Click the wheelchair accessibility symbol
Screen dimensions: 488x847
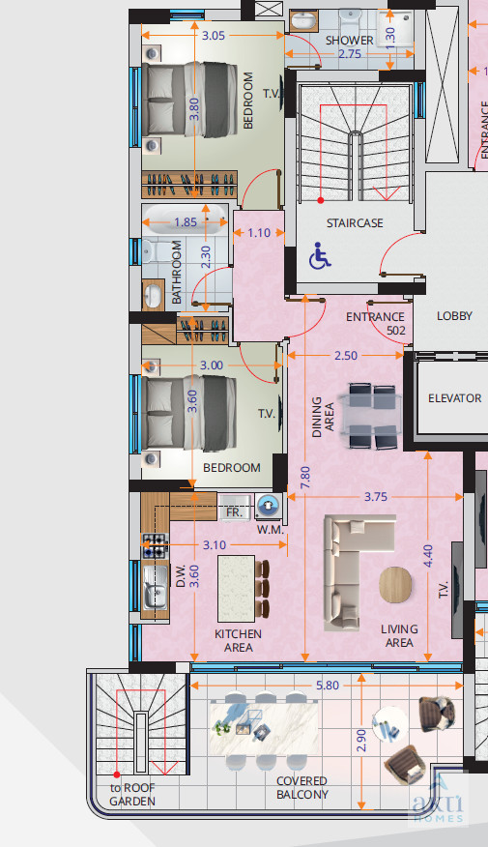pos(320,255)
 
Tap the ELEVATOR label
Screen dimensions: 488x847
pos(454,398)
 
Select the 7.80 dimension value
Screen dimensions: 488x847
pos(305,478)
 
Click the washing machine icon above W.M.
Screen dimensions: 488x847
pos(269,507)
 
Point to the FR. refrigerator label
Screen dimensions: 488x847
pos(234,511)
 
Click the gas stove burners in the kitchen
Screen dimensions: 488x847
pos(155,545)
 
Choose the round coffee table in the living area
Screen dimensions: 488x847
pos(395,585)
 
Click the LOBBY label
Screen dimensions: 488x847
pos(454,316)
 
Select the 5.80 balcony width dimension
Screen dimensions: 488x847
pos(328,686)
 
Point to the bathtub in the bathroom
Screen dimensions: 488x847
pos(185,220)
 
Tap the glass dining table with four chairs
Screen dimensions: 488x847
pos(371,416)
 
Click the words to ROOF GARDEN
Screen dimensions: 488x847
pos(132,795)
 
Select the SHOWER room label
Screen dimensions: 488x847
pos(349,40)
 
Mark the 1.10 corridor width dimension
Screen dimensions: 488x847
pos(259,233)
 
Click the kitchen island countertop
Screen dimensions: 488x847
pos(237,588)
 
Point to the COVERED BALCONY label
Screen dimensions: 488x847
pos(302,788)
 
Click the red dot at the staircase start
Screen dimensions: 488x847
pos(321,200)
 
